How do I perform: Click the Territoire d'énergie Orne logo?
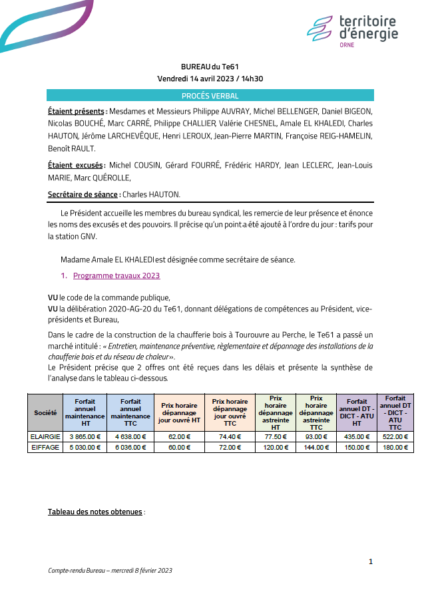click(x=352, y=31)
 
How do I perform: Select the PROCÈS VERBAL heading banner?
click(x=210, y=96)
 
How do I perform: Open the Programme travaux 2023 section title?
click(x=116, y=275)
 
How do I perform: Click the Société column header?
click(x=45, y=413)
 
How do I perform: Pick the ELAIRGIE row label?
click(x=45, y=437)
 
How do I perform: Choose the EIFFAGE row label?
click(x=45, y=448)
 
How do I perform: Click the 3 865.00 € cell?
click(x=85, y=437)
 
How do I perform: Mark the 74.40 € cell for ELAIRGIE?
click(x=230, y=437)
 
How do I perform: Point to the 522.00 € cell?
click(x=395, y=437)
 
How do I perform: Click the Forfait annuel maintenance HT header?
click(x=85, y=413)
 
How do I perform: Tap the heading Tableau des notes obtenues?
click(x=95, y=512)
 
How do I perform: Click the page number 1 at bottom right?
click(x=371, y=562)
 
